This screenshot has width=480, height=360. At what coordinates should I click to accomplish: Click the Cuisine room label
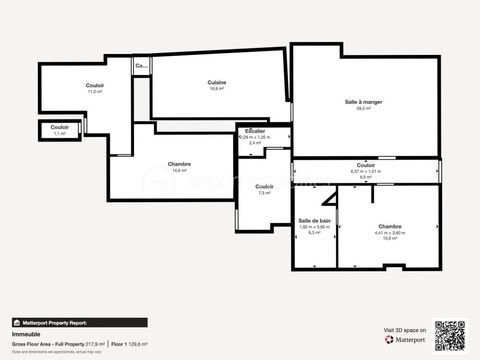tap(216, 82)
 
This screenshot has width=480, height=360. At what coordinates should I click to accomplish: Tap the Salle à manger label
tap(366, 103)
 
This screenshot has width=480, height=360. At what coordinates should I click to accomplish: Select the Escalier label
tap(255, 131)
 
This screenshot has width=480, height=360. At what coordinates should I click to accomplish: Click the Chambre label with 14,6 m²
tap(180, 164)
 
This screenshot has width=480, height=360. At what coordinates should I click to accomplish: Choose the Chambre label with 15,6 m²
tap(390, 227)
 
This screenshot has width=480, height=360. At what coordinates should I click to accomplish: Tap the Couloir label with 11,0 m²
tap(95, 85)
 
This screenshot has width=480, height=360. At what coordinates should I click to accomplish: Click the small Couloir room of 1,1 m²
tap(60, 130)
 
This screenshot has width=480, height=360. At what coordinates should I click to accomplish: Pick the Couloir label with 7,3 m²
tap(264, 186)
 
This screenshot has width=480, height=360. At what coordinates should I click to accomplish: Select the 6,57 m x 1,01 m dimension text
tap(366, 171)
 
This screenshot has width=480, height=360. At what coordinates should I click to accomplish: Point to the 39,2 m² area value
tap(366, 109)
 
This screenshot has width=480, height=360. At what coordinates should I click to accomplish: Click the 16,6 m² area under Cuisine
tap(216, 88)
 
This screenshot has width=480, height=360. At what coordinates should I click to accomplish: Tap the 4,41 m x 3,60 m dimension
tap(390, 233)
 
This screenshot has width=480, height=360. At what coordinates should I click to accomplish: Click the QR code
tap(451, 334)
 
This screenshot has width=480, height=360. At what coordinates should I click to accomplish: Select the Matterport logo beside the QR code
tap(405, 339)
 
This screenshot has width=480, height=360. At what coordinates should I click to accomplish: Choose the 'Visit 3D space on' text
tap(405, 329)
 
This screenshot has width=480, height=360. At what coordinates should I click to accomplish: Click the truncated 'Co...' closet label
tap(141, 66)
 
